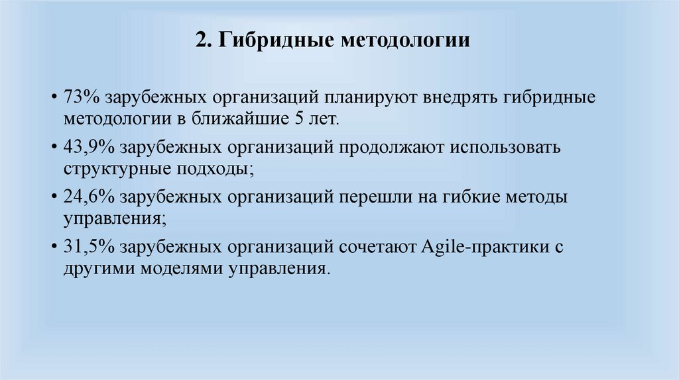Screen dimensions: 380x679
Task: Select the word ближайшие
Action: (233, 119)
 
